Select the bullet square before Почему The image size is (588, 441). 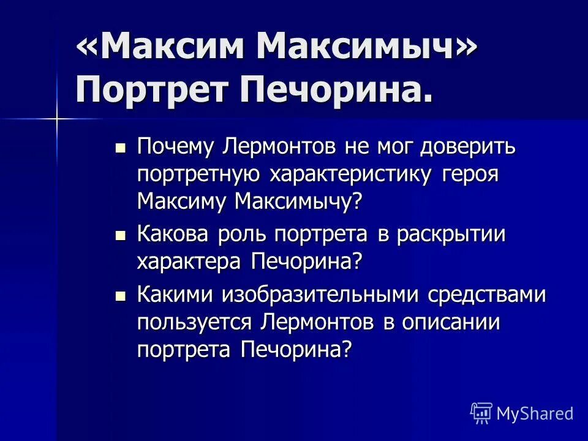(x=121, y=148)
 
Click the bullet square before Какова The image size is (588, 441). (x=121, y=235)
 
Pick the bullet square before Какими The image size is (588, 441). (x=121, y=296)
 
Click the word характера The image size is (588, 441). (x=190, y=262)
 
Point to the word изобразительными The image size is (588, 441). (x=325, y=295)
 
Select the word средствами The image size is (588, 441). (x=494, y=295)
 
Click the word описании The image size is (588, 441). (x=451, y=322)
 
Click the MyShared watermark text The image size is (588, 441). (x=535, y=413)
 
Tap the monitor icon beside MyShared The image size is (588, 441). (x=481, y=413)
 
